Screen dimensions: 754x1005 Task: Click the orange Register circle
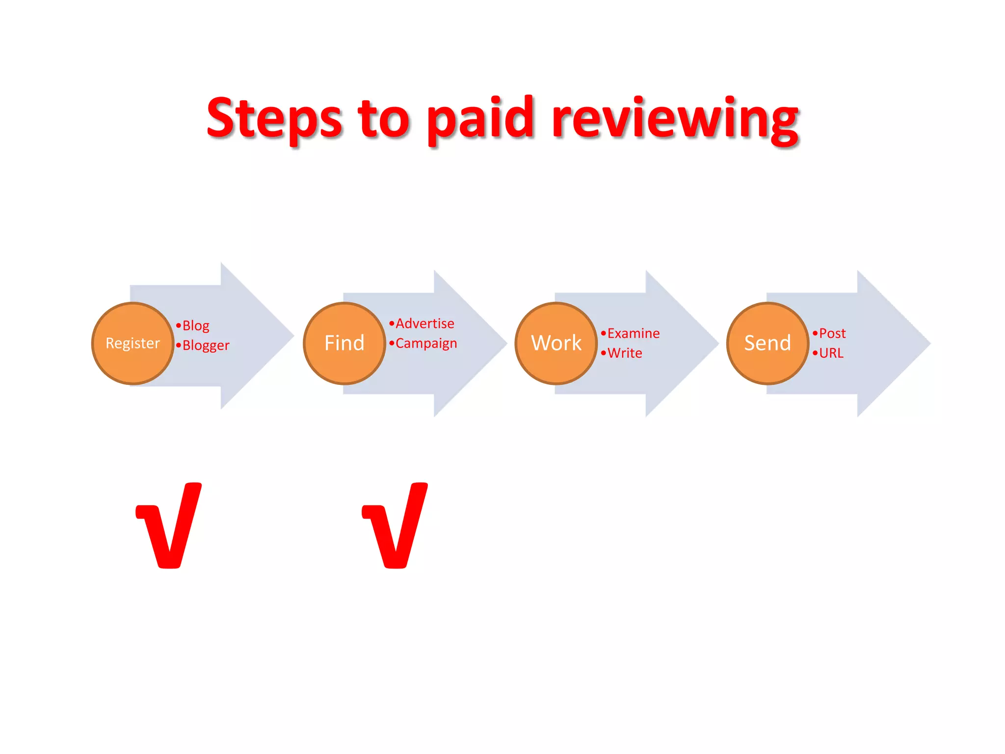click(132, 343)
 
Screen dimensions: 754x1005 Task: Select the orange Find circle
click(344, 343)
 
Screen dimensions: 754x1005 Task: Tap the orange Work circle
click(556, 343)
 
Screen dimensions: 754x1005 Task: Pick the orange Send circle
click(767, 343)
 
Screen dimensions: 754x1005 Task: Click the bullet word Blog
click(196, 326)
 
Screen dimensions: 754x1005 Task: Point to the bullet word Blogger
click(206, 346)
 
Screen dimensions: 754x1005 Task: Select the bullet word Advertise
click(424, 324)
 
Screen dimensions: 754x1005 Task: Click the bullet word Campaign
click(426, 344)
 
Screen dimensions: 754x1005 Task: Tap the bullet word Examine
click(633, 334)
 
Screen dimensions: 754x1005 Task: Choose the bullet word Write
click(624, 353)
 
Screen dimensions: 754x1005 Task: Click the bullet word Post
click(832, 334)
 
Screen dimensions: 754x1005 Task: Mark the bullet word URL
click(831, 353)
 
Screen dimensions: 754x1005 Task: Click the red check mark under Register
click(169, 525)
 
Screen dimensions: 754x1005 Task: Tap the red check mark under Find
click(396, 525)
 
